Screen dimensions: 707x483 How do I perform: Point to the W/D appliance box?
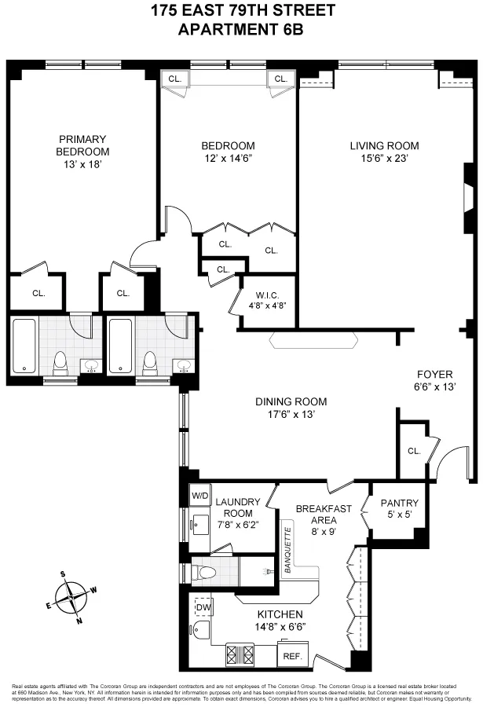tap(199, 496)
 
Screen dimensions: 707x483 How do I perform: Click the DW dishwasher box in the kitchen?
tap(202, 606)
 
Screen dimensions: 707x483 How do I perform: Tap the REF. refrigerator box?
tap(291, 654)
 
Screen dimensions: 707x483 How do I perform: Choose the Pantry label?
tap(400, 504)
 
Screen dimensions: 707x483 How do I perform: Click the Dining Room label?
tap(291, 401)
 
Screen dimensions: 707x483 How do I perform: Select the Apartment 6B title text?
tap(240, 29)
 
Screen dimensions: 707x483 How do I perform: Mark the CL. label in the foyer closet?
tap(413, 451)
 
